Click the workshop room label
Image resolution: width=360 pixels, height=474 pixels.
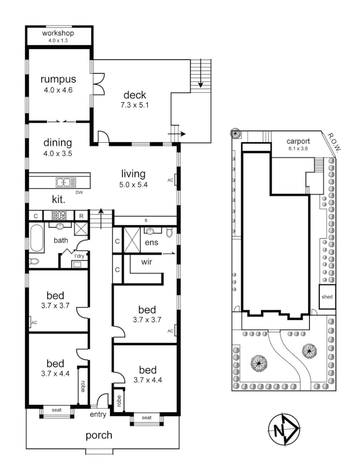[x=58, y=33]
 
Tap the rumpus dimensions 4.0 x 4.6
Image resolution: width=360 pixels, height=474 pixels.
[x=58, y=91]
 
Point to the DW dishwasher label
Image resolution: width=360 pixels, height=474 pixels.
[x=79, y=192]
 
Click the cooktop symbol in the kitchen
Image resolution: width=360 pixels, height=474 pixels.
[x=59, y=215]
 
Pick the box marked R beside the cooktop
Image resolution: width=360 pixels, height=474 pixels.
[x=81, y=215]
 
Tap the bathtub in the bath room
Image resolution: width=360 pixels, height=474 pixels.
[x=37, y=238]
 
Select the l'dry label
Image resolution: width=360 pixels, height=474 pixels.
[x=79, y=256]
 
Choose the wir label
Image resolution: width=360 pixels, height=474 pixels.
[x=146, y=262]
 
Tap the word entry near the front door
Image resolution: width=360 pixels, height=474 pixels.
[x=98, y=414]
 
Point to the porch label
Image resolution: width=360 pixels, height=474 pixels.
[x=99, y=435]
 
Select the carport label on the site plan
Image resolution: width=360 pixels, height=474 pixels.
[x=298, y=141]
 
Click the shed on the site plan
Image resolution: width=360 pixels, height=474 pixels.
[x=327, y=297]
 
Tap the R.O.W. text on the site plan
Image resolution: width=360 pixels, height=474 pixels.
[x=334, y=144]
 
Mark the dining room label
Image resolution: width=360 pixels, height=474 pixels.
[x=57, y=143]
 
